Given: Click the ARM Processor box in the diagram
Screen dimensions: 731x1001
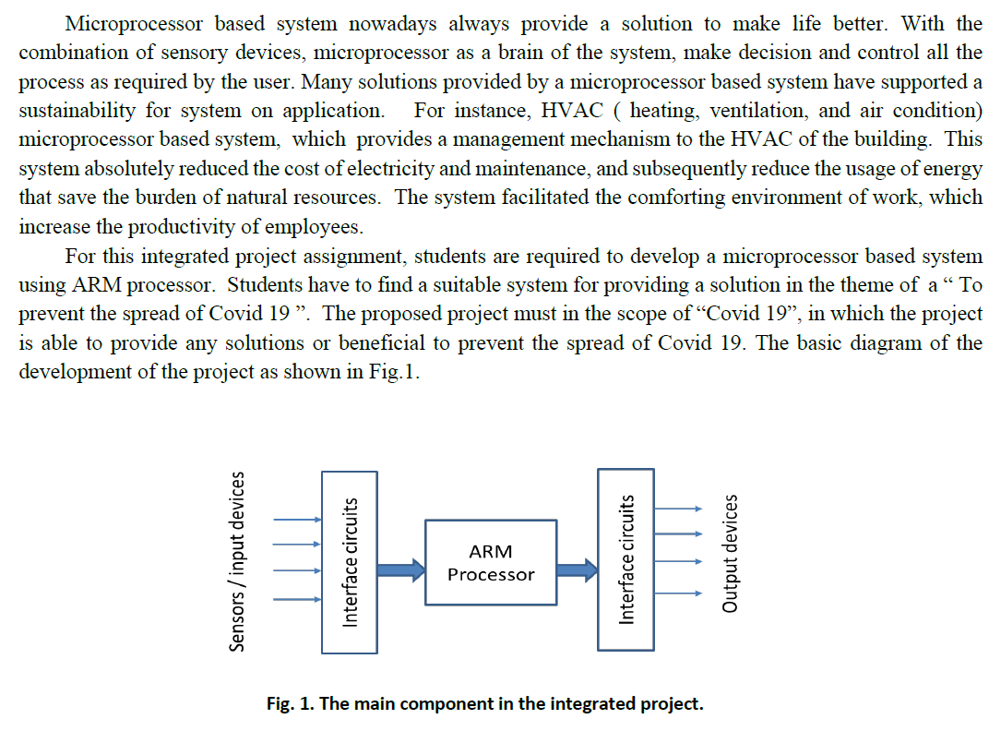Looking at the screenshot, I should point(490,562).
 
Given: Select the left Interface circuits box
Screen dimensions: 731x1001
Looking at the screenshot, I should point(349,562).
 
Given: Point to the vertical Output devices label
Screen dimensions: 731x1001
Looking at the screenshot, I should point(730,554).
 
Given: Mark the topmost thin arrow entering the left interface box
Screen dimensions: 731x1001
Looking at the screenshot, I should point(296,520).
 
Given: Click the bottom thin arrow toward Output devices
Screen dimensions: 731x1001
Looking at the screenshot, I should point(678,593).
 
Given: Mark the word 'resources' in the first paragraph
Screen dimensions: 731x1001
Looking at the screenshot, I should point(335,198).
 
